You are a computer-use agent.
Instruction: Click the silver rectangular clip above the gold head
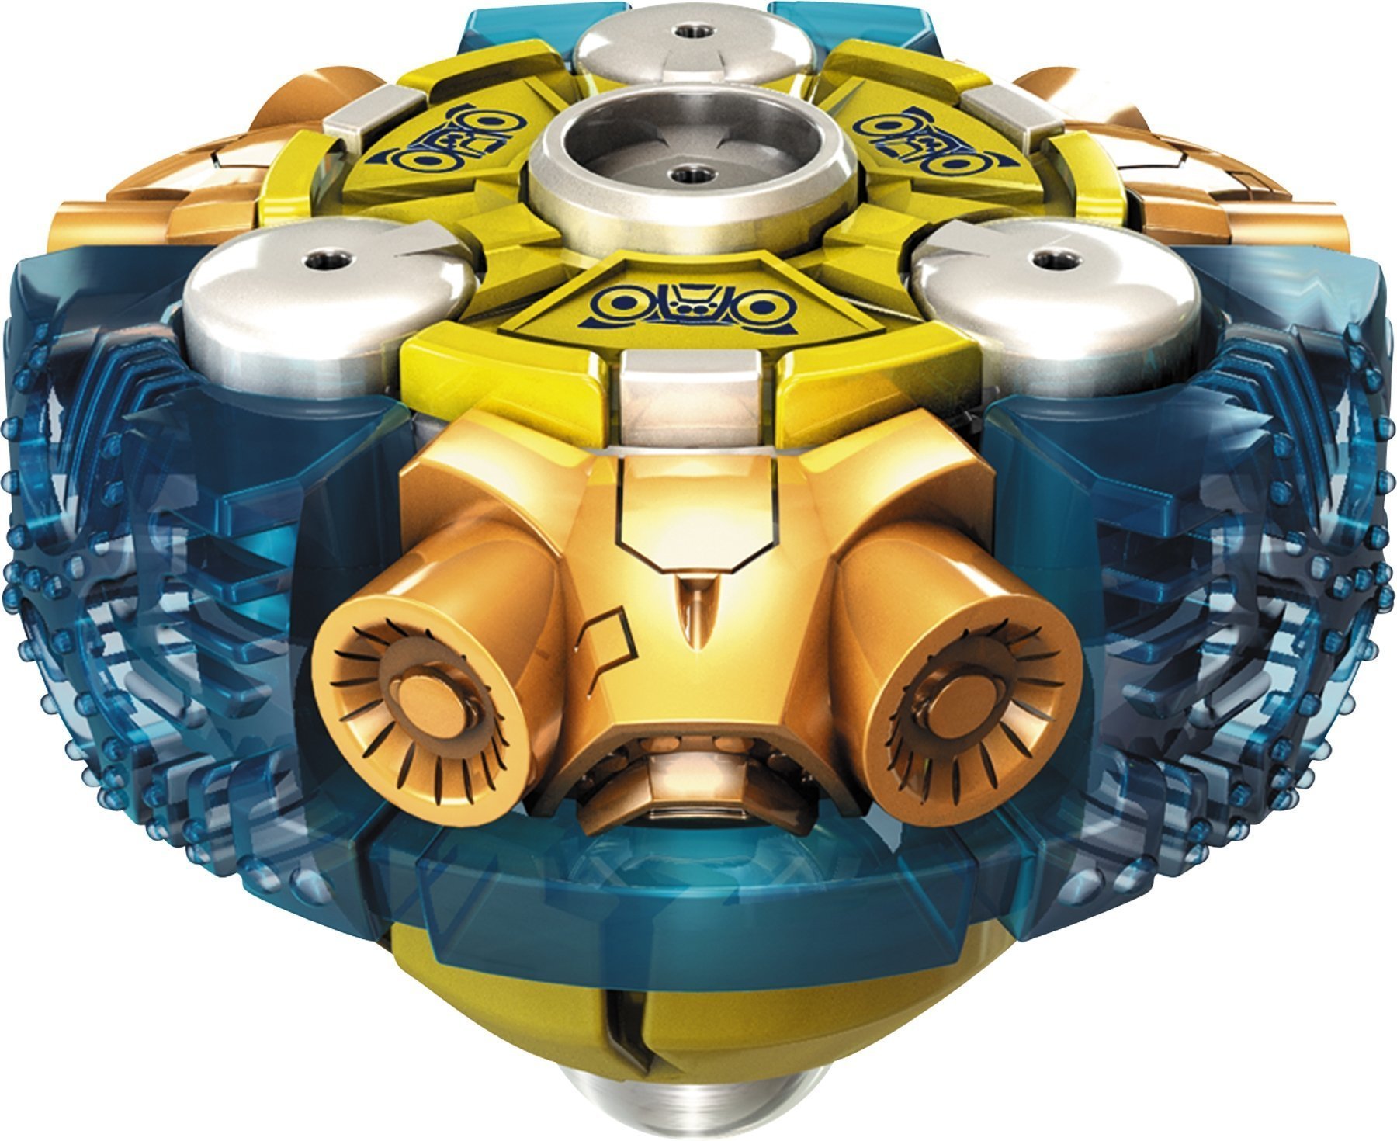click(691, 392)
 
